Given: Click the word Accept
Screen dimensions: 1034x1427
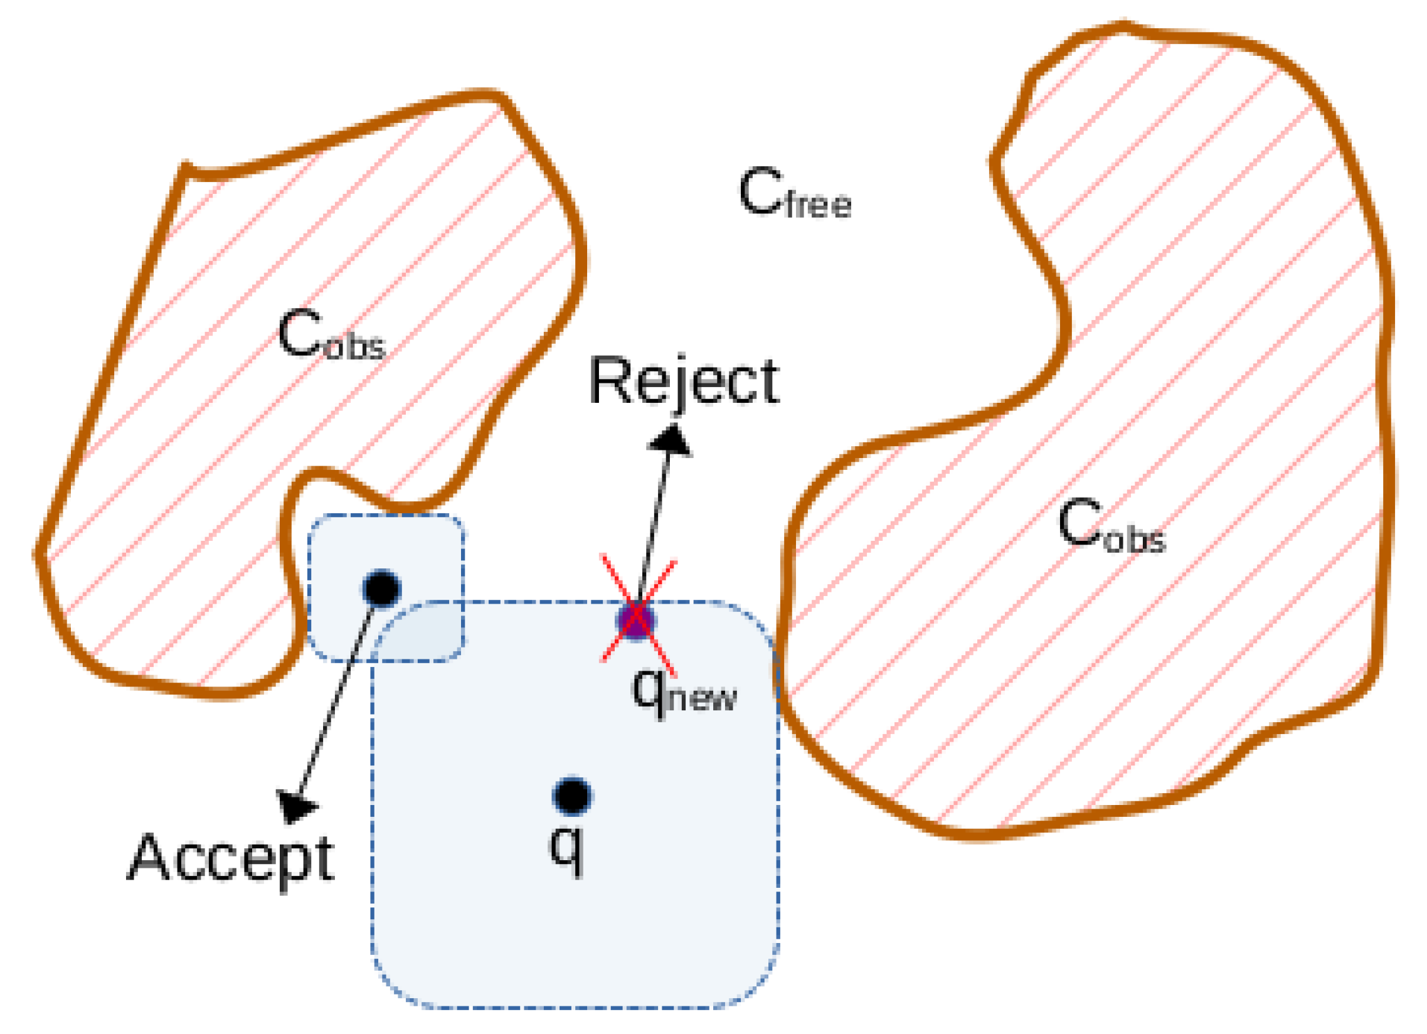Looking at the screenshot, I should pos(230,860).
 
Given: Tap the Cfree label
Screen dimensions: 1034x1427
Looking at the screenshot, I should pos(794,194).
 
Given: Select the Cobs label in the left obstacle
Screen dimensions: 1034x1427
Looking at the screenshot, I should pos(331,338).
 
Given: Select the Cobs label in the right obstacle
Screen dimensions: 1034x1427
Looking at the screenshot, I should pos(1111,526).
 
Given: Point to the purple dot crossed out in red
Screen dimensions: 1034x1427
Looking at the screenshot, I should pos(636,620).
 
